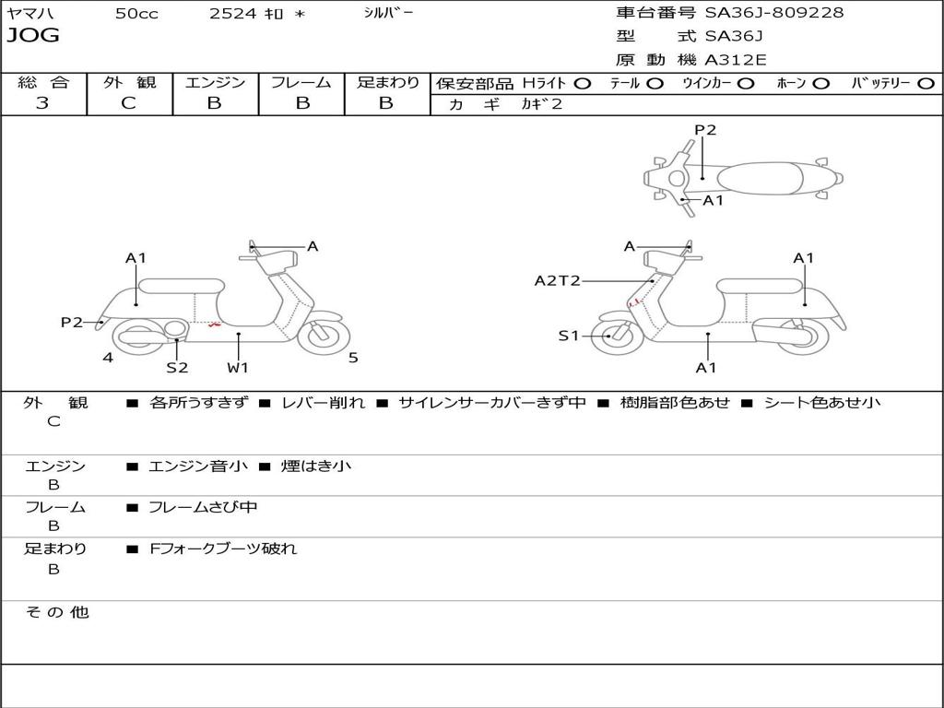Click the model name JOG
[x=33, y=36]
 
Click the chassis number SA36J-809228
[x=774, y=13]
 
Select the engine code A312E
[x=736, y=60]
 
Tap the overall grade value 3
[x=42, y=103]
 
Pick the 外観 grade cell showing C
[x=128, y=103]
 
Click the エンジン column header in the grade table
[x=215, y=83]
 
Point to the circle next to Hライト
[x=583, y=84]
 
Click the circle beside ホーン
[x=820, y=84]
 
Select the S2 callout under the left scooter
[x=177, y=368]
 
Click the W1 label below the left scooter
[x=238, y=368]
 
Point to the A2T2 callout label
[x=558, y=280]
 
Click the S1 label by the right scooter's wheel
[x=569, y=336]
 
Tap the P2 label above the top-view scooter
[x=705, y=130]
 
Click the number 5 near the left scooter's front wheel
[x=353, y=358]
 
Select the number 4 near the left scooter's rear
[x=108, y=358]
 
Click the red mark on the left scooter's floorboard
[x=214, y=324]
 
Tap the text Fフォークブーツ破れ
[x=223, y=549]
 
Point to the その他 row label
[x=57, y=612]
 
